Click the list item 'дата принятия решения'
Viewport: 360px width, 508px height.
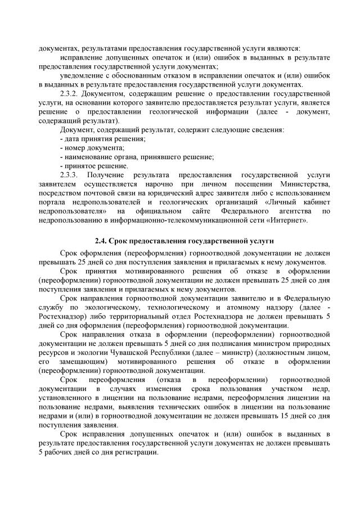tap(93, 138)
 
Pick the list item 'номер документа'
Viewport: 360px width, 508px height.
tap(84, 147)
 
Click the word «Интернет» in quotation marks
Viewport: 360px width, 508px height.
tap(290, 220)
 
